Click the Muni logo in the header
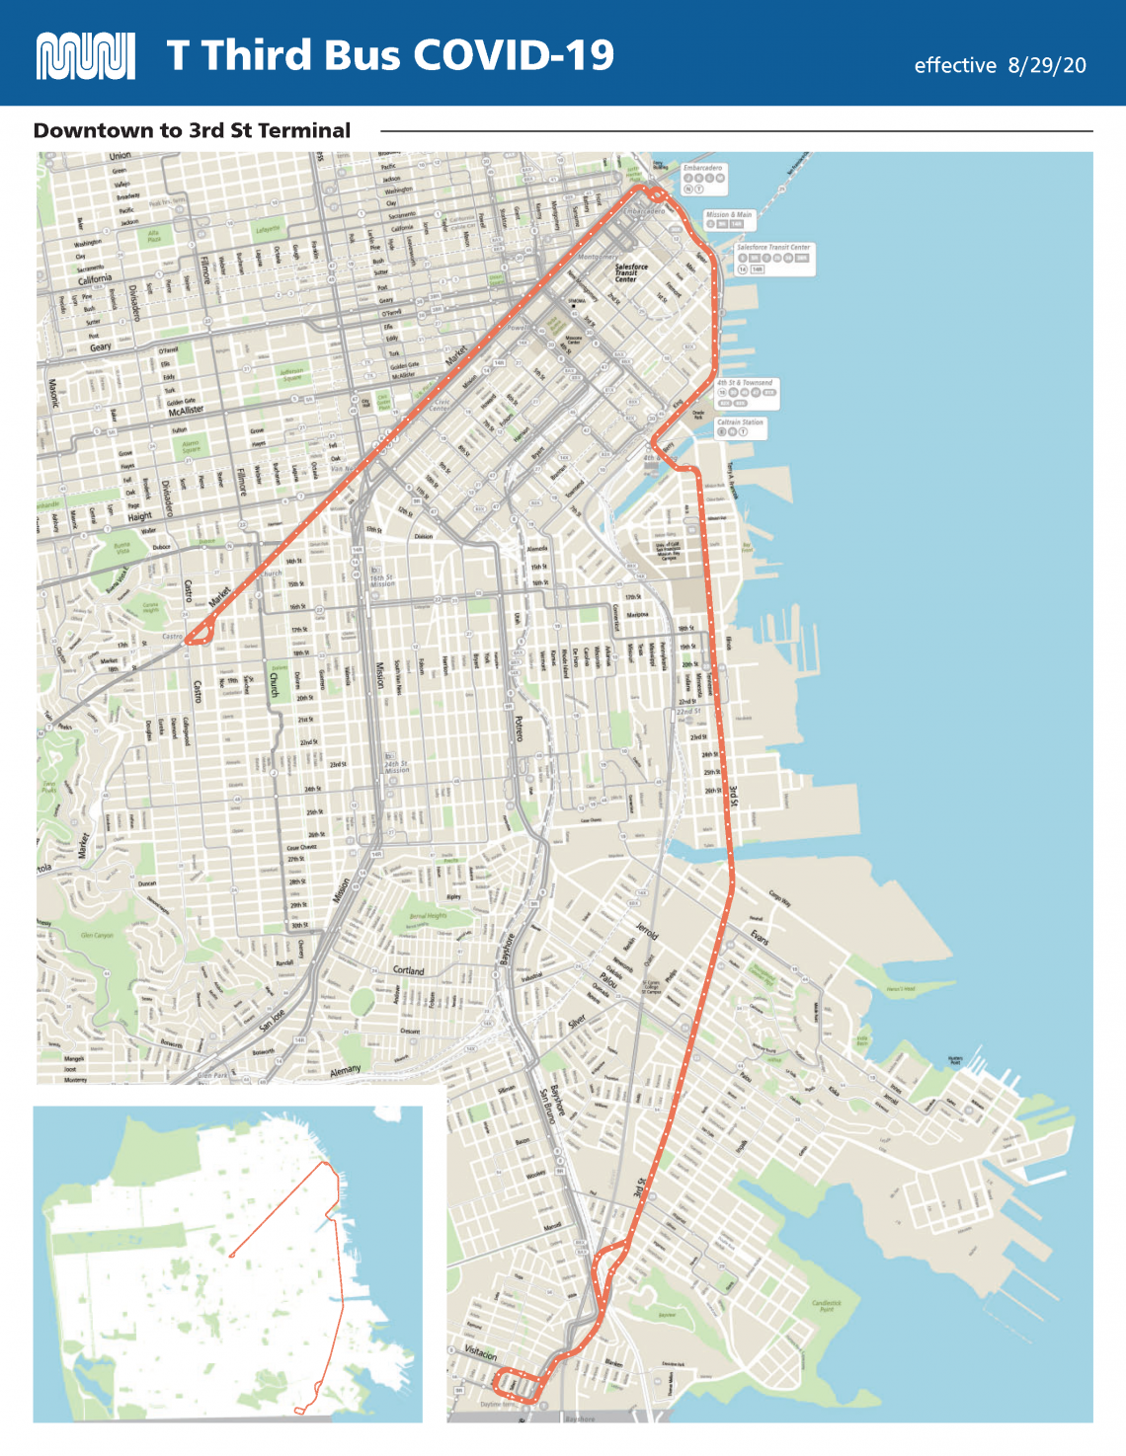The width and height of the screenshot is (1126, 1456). tap(85, 56)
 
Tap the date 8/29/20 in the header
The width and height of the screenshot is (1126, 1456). tap(1047, 65)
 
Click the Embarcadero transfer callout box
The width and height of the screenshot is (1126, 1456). tap(703, 178)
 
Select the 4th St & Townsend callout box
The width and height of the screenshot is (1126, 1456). tap(745, 392)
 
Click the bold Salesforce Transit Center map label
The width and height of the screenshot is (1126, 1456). tap(631, 272)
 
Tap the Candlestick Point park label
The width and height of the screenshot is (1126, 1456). tap(827, 1305)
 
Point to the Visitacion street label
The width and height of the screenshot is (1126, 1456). tap(481, 1352)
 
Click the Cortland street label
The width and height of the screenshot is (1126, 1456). tap(408, 970)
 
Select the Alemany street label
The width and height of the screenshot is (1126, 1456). tap(345, 1070)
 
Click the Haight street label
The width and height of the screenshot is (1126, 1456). tap(139, 516)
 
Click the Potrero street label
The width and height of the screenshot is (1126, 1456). tap(519, 728)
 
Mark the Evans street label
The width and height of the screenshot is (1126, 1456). tap(758, 937)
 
